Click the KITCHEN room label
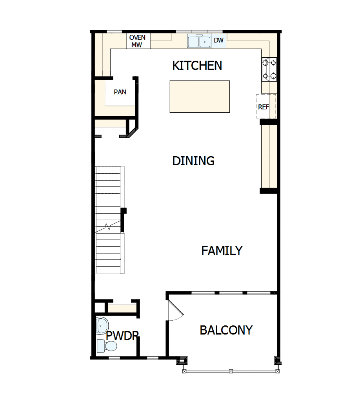click(197, 66)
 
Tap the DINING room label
click(193, 161)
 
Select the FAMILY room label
click(222, 251)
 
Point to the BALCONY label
click(226, 330)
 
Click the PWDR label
click(122, 336)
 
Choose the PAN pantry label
click(120, 92)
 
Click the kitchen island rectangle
click(200, 97)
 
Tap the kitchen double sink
click(200, 41)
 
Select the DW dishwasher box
click(219, 40)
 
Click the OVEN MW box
click(138, 41)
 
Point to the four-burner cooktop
click(269, 69)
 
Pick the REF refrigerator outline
click(266, 106)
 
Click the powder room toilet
click(107, 346)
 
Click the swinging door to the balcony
click(175, 310)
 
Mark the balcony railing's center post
click(231, 371)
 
